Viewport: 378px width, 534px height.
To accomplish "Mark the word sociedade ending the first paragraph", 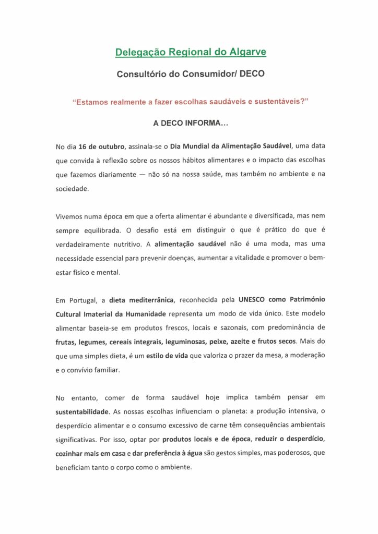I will pyautogui.click(x=72, y=189).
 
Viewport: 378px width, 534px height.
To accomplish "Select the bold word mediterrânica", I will pyautogui.click(x=144, y=300).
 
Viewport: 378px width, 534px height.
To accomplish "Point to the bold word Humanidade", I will pyautogui.click(x=140, y=314).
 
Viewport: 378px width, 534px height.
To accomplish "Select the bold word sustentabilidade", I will pyautogui.click(x=82, y=411).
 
